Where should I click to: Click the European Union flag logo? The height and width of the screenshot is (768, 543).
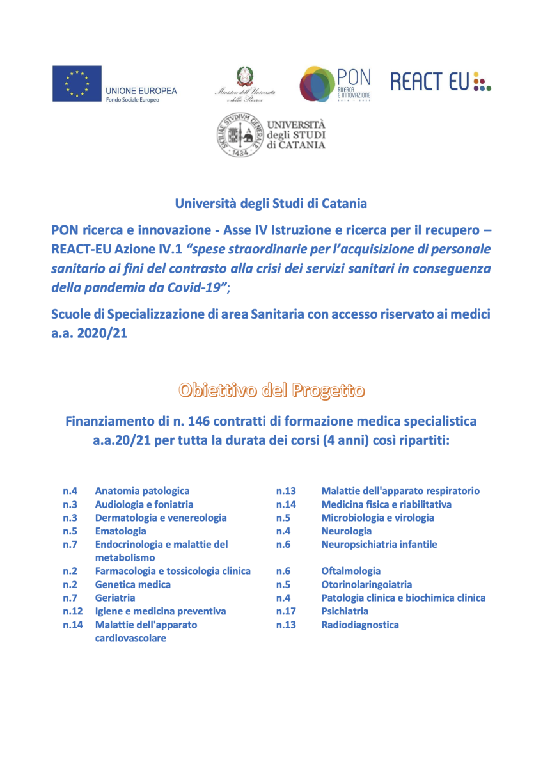point(77,83)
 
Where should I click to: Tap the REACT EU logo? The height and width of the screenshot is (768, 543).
point(441,81)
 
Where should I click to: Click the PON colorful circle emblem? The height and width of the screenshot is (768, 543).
point(316,84)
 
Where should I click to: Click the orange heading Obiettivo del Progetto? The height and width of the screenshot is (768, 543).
point(272,390)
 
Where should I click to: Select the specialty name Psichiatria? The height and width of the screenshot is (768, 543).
point(345,611)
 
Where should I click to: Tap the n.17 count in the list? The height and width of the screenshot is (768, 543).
point(286,611)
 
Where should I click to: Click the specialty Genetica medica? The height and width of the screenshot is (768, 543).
point(132,584)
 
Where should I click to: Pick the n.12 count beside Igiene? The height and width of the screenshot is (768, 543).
point(73,611)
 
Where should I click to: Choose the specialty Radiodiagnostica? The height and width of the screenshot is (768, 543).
point(360,625)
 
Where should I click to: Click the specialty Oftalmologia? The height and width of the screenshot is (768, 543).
point(350,571)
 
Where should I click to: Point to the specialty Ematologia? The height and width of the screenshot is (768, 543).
point(120,531)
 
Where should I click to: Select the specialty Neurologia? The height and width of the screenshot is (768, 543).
point(346,531)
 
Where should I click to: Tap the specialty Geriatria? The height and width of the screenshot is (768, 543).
point(115,598)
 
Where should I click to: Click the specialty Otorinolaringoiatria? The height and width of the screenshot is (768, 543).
point(366,584)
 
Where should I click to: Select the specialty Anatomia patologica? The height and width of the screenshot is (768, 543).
point(142,491)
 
